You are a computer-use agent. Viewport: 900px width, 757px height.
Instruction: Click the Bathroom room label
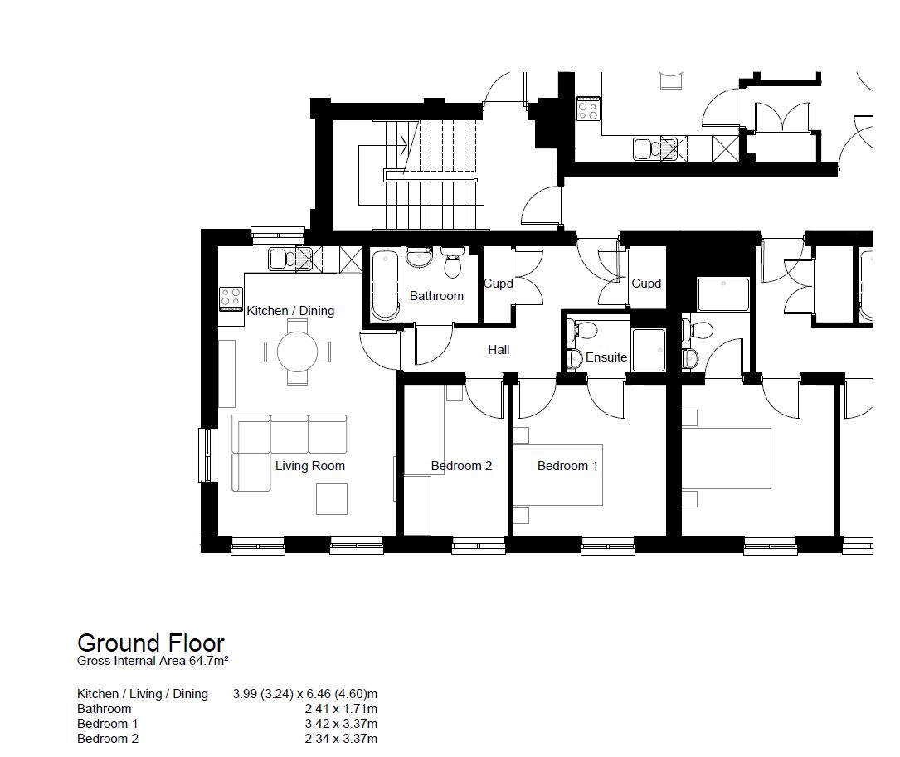pyautogui.click(x=436, y=296)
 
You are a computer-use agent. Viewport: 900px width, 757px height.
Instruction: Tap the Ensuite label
pyautogui.click(x=606, y=357)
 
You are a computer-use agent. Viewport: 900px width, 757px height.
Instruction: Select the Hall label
pyautogui.click(x=499, y=350)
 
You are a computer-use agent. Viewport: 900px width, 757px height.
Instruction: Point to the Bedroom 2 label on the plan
pyautogui.click(x=461, y=466)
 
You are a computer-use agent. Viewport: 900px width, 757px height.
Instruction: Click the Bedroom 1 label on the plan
pyautogui.click(x=567, y=466)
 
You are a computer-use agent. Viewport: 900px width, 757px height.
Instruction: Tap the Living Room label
pyautogui.click(x=310, y=466)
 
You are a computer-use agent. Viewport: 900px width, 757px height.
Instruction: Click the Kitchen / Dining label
pyautogui.click(x=290, y=311)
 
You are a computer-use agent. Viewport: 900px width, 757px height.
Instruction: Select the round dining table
pyautogui.click(x=297, y=352)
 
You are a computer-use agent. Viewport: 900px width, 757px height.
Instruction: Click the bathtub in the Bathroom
pyautogui.click(x=385, y=284)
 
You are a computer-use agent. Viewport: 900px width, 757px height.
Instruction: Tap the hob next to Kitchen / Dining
pyautogui.click(x=231, y=299)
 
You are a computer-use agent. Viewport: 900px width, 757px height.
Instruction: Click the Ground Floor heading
pyautogui.click(x=151, y=643)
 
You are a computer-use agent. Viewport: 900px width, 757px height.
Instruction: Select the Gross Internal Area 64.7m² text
pyautogui.click(x=153, y=661)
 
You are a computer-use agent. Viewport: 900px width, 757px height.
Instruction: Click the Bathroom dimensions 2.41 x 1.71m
pyautogui.click(x=341, y=709)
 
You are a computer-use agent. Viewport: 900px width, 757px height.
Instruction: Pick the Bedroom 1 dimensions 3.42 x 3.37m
pyautogui.click(x=341, y=724)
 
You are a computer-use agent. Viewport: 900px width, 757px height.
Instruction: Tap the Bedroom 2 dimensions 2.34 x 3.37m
pyautogui.click(x=341, y=739)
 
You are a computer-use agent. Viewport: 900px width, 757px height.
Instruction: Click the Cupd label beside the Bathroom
pyautogui.click(x=499, y=284)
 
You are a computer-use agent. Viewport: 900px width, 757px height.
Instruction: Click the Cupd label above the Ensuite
pyautogui.click(x=646, y=284)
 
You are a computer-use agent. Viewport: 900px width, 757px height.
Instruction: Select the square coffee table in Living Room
pyautogui.click(x=332, y=499)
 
